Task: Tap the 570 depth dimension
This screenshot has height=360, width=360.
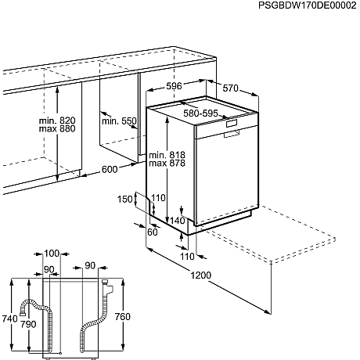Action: coord(229,88)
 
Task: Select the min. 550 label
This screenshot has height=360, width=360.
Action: coord(119,122)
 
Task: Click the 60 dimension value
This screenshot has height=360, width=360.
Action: coord(152,232)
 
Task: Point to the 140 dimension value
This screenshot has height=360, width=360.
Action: coord(178,221)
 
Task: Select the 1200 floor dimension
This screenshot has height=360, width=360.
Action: coord(201,275)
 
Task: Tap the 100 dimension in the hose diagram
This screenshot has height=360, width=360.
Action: coord(52,254)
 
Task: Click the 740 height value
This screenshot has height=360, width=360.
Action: coord(9,319)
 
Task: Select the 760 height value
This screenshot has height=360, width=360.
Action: coord(123,316)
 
